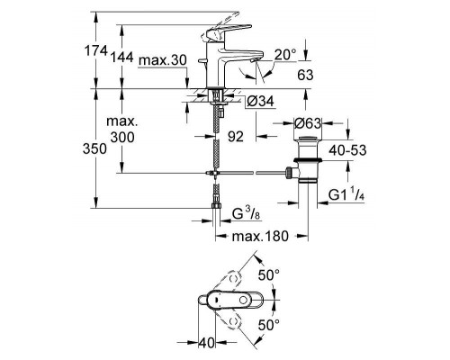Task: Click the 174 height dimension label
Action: (x=95, y=50)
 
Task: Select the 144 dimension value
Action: (x=121, y=57)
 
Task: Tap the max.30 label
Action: (x=163, y=60)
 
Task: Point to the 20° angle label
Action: (x=285, y=55)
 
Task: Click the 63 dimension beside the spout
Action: (x=305, y=75)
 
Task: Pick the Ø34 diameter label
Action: (x=260, y=102)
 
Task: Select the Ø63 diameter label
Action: (x=307, y=123)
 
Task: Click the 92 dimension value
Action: (x=236, y=137)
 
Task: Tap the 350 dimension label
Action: (x=94, y=148)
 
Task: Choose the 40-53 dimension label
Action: (x=347, y=150)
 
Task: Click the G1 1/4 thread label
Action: (x=346, y=194)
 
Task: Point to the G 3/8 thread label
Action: (x=245, y=213)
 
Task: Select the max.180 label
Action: (x=260, y=236)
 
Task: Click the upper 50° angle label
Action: (x=269, y=275)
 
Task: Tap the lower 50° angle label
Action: (x=269, y=325)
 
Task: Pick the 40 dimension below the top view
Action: (x=207, y=343)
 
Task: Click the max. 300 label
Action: (x=122, y=130)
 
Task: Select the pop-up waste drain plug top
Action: (x=308, y=139)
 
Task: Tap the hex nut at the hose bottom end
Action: (x=216, y=206)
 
